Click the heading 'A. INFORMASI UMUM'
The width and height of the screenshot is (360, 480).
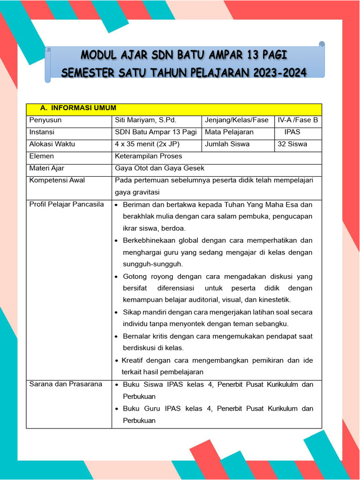point(78,108)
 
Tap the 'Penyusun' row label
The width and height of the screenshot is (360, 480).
point(45,120)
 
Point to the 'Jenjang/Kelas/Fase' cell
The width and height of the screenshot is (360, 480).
point(237,120)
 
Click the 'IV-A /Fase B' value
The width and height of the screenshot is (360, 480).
point(298,120)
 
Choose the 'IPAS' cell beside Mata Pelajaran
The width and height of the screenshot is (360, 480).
point(292,132)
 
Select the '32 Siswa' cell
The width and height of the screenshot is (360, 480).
point(292,144)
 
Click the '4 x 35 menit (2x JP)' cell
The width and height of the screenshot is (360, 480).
point(147,144)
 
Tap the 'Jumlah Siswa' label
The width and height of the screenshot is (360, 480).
point(227,144)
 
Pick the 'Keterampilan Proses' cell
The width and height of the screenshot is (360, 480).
point(149,156)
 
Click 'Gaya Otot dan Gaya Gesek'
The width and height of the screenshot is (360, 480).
point(159,168)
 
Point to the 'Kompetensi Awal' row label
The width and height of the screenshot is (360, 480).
point(57,180)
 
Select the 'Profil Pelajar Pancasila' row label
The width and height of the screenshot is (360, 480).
point(67,204)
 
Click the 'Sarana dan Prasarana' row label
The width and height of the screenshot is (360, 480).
point(66,384)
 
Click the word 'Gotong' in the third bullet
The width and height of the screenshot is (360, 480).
point(134,277)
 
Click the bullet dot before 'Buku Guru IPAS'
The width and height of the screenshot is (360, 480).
point(116,409)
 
